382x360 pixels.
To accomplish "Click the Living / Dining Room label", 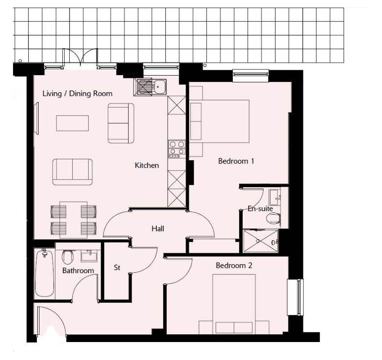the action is [x=77, y=94].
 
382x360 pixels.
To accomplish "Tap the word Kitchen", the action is [x=147, y=165].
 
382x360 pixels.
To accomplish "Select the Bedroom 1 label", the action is [x=236, y=161].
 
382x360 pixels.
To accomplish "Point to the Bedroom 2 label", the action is [x=234, y=265].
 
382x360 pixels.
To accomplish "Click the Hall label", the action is [x=158, y=229].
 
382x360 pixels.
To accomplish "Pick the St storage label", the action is [x=117, y=268].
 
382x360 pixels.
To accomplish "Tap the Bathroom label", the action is [x=78, y=270].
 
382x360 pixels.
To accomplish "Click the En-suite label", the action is [x=260, y=208].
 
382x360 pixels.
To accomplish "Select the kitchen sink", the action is [x=150, y=87].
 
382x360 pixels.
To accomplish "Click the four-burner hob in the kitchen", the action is [x=177, y=149].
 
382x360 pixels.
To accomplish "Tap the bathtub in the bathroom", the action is [x=44, y=273].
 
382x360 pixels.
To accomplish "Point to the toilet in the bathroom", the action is [x=67, y=257].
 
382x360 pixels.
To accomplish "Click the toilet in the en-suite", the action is [x=273, y=218].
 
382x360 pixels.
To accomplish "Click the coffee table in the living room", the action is [x=72, y=123].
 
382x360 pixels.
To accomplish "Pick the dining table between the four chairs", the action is [x=73, y=220].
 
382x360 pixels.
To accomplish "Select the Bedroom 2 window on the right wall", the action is [x=295, y=297].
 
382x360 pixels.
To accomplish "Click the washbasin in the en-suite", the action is [x=275, y=197].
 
